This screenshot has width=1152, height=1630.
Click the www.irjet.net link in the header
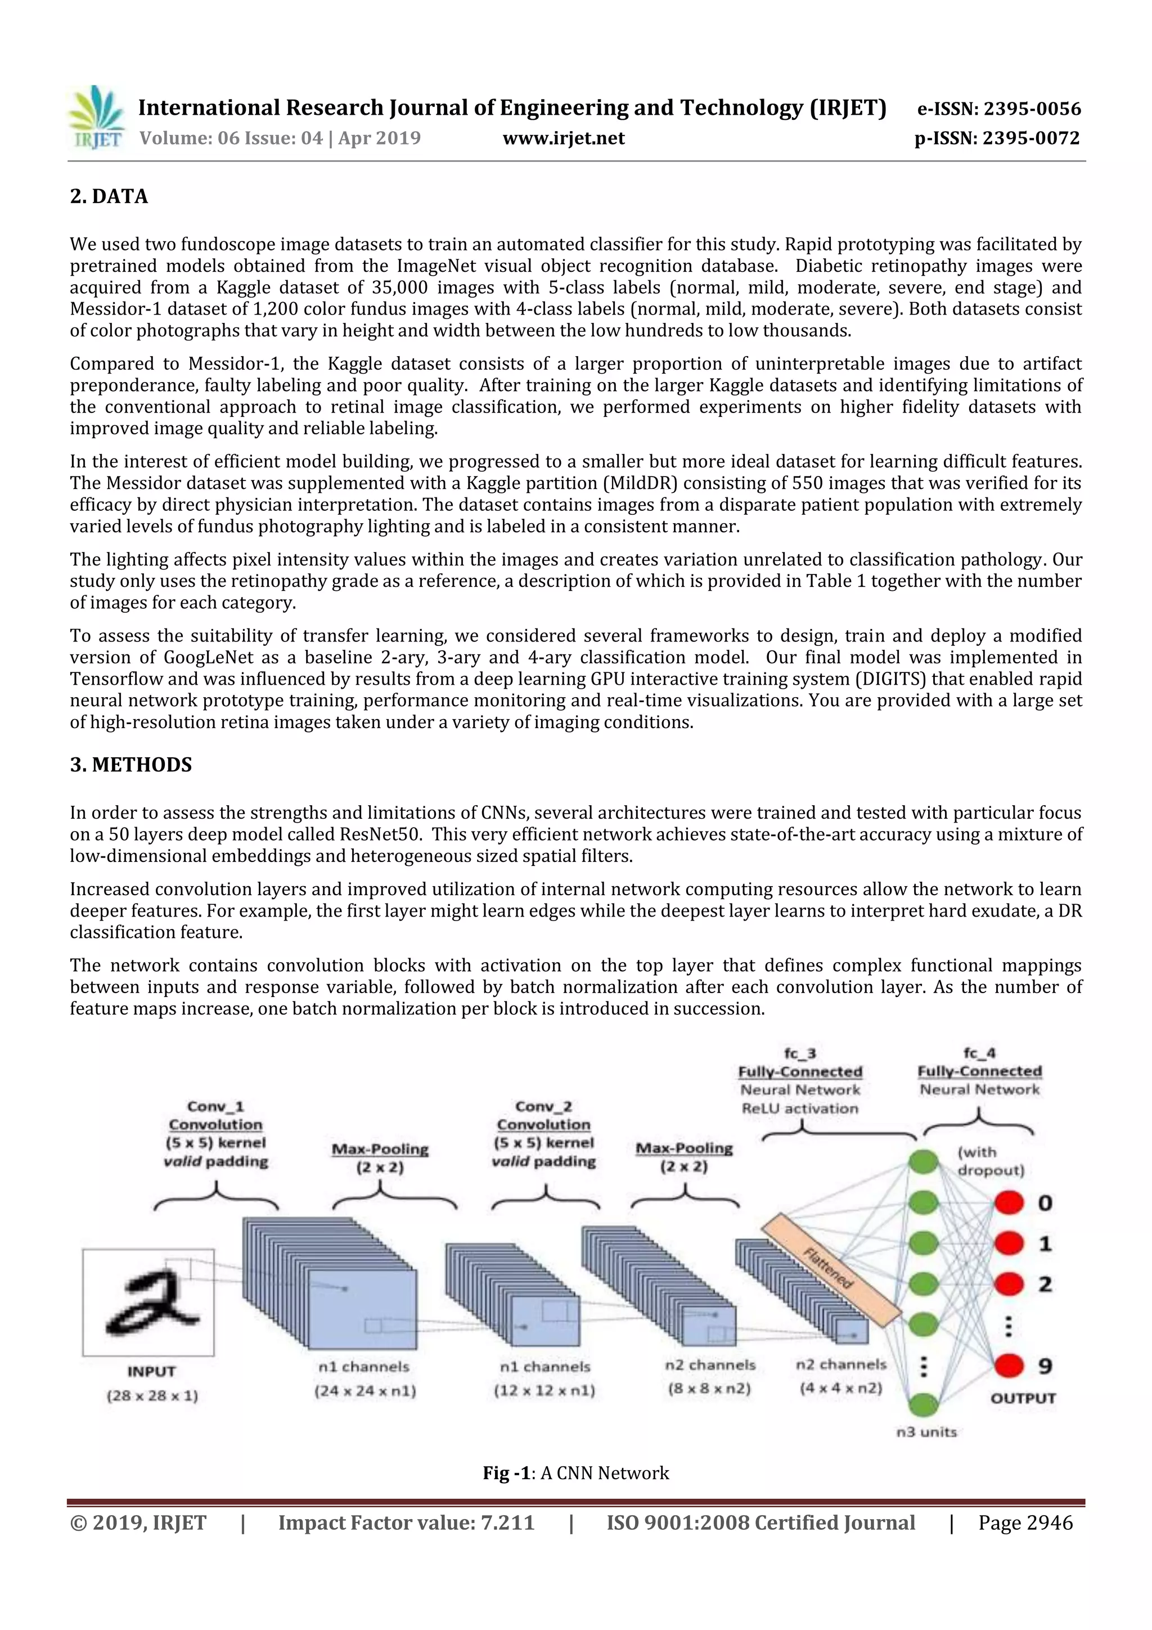pyautogui.click(x=564, y=138)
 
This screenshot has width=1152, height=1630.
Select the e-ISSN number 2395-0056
pyautogui.click(x=998, y=109)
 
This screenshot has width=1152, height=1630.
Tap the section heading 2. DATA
pyautogui.click(x=109, y=197)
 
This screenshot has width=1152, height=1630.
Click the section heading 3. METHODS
pyautogui.click(x=130, y=765)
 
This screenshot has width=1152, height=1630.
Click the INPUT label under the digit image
pyautogui.click(x=151, y=1372)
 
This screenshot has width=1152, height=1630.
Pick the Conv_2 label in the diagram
pyautogui.click(x=544, y=1106)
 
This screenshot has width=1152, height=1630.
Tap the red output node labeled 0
pyautogui.click(x=1009, y=1202)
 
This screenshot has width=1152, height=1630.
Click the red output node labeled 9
pyautogui.click(x=1009, y=1365)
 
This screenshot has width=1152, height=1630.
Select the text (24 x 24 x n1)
pyautogui.click(x=365, y=1391)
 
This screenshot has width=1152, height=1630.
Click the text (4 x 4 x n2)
pyautogui.click(x=840, y=1388)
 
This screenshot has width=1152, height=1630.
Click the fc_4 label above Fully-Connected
pyautogui.click(x=979, y=1053)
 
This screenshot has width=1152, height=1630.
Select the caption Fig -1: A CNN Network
pyautogui.click(x=575, y=1473)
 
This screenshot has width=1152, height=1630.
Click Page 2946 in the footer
pyautogui.click(x=1025, y=1523)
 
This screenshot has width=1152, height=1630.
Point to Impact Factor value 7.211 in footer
pyautogui.click(x=406, y=1523)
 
